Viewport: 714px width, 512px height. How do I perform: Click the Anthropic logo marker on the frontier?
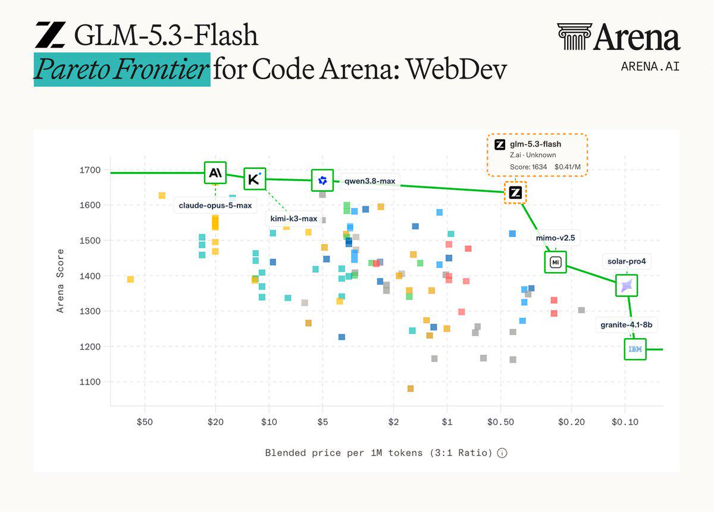215,173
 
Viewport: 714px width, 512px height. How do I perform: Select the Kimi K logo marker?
255,179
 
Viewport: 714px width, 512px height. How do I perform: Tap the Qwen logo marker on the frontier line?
322,180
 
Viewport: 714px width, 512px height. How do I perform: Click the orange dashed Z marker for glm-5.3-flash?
515,192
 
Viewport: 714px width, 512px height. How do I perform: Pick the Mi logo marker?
555,262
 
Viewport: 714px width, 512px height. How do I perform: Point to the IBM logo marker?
635,349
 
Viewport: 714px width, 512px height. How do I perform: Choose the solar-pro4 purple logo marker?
627,285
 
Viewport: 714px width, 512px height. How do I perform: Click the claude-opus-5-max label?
215,205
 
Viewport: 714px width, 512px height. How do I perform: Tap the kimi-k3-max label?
293,218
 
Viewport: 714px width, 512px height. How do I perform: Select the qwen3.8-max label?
369,181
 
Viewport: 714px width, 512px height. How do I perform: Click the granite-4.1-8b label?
627,324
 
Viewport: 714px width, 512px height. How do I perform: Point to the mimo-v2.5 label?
555,238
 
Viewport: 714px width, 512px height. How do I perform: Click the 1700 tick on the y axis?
90,170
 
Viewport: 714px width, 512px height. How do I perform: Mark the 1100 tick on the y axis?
90,382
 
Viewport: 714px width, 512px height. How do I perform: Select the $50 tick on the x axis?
145,422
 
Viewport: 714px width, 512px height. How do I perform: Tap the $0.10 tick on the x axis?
625,422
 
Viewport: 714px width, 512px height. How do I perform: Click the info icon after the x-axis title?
502,452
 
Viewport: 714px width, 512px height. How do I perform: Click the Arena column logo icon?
574,36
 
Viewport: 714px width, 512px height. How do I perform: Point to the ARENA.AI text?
650,66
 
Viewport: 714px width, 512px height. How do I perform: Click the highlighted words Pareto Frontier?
122,69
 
